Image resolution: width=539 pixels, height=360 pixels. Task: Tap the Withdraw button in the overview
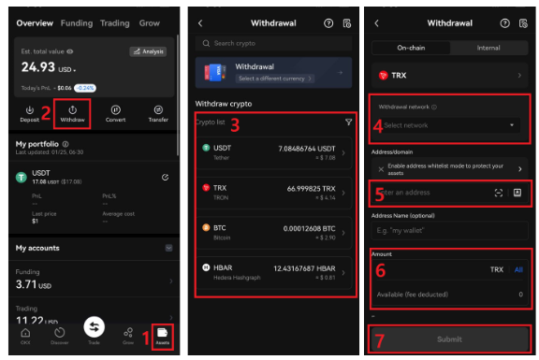point(72,114)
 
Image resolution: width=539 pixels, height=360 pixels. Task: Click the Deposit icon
point(30,114)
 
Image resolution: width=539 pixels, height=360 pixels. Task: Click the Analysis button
point(148,52)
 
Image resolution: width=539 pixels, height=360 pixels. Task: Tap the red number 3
point(236,124)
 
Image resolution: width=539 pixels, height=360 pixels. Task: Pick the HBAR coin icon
point(206,267)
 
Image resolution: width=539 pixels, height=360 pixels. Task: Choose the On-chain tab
point(412,47)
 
